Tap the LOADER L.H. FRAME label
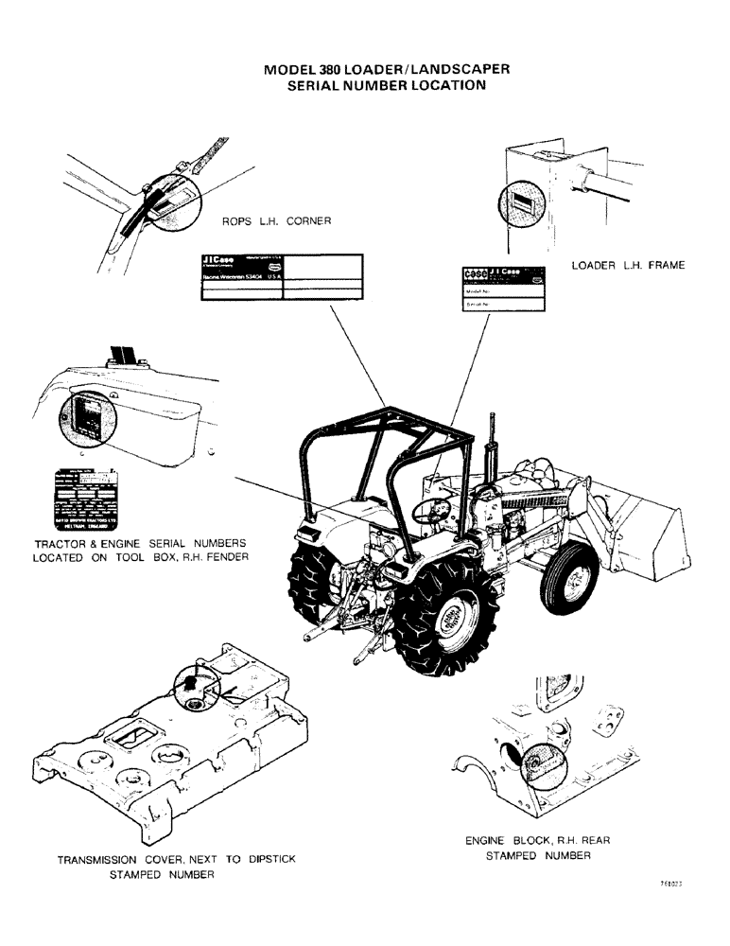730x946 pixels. [x=627, y=266]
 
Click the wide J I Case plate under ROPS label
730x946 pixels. [x=281, y=276]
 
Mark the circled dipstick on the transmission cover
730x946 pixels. [x=192, y=679]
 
